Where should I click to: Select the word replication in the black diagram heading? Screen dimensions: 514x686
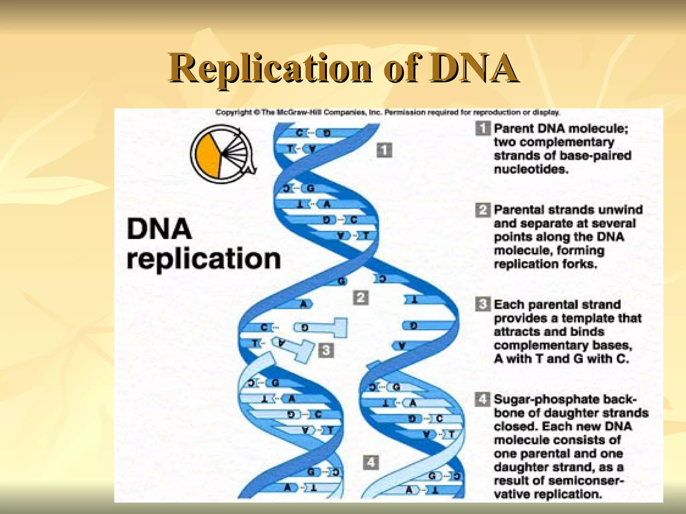[204, 259]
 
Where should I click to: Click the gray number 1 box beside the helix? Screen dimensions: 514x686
[384, 150]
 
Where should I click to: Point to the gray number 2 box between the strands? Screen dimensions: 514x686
[361, 297]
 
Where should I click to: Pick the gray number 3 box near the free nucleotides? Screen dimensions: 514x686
[326, 350]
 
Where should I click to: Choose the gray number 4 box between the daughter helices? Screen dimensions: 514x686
[371, 462]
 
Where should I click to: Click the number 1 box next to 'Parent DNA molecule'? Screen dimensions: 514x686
[482, 128]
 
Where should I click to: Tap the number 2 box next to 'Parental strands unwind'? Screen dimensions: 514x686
[482, 210]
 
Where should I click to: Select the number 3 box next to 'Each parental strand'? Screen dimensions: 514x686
[482, 305]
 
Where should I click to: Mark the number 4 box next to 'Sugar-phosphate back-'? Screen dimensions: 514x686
[482, 399]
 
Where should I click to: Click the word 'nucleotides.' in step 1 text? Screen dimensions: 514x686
[531, 169]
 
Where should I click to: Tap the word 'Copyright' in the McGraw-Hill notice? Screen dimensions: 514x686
[233, 112]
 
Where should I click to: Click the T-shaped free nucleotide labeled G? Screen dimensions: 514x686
[322, 327]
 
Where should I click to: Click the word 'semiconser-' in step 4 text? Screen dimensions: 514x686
[586, 481]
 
